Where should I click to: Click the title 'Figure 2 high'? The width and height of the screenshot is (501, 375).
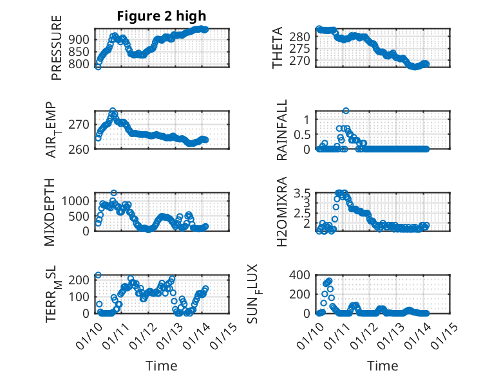(x=162, y=16)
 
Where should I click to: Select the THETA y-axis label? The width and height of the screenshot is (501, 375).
(x=278, y=48)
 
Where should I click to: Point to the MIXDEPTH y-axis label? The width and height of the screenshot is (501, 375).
(x=50, y=212)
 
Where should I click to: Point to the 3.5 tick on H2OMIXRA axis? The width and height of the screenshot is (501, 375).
(x=302, y=193)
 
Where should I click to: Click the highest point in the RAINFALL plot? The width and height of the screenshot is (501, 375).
(x=346, y=111)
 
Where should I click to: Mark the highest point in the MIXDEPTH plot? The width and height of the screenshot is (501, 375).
(x=114, y=192)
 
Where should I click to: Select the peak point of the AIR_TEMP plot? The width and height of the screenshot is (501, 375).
(x=113, y=111)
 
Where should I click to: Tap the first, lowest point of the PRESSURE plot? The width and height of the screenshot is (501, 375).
(x=98, y=66)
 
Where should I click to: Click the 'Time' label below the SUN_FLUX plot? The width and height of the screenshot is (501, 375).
(x=383, y=365)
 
